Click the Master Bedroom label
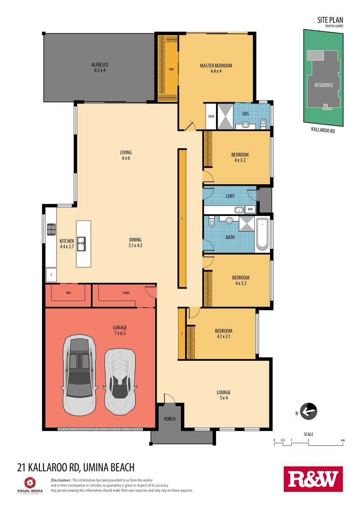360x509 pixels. click(216, 66)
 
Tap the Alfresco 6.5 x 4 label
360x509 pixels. click(100, 68)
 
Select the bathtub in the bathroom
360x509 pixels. click(262, 234)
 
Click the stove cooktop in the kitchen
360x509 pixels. click(51, 229)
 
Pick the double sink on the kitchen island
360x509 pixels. click(81, 244)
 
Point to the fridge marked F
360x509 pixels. click(51, 275)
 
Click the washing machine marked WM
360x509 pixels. click(250, 209)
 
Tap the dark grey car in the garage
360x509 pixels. click(79, 375)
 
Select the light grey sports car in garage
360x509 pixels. click(120, 382)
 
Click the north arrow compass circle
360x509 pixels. click(308, 411)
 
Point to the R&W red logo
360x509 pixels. click(313, 479)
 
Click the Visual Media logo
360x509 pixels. click(30, 486)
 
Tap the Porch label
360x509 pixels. click(170, 419)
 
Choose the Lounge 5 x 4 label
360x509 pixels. click(224, 395)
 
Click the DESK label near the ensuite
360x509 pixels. click(211, 116)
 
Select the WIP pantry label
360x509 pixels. click(69, 293)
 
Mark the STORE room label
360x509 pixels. click(126, 293)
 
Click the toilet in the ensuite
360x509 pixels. click(263, 122)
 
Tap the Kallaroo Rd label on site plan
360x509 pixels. click(323, 130)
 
